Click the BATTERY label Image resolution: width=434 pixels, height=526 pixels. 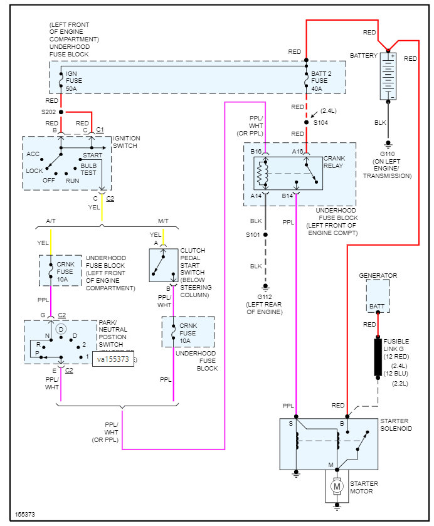364,56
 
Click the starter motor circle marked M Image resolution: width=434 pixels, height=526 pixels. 337,487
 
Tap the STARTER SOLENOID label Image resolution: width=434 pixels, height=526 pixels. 396,424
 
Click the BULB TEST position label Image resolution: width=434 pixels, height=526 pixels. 89,169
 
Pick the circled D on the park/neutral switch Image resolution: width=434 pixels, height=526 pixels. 61,329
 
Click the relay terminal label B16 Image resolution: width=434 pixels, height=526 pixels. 256,151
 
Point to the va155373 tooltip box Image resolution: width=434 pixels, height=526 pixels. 113,359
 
